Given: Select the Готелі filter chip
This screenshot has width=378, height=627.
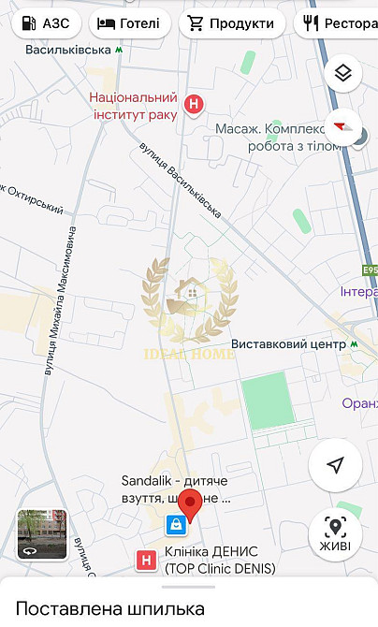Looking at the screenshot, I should click(x=130, y=23).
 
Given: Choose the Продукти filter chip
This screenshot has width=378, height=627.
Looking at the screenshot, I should click(x=232, y=23).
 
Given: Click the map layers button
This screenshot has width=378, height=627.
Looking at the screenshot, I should click(x=343, y=73).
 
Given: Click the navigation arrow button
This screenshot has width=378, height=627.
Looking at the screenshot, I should click(x=335, y=465).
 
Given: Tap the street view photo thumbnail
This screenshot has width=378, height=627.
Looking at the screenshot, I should click(x=42, y=534).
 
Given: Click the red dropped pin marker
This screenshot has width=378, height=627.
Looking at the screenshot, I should click(x=191, y=503).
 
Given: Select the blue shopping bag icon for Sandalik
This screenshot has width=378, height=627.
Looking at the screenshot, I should click(x=174, y=525).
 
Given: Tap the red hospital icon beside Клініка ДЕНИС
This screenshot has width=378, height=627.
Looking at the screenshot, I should click(x=146, y=561).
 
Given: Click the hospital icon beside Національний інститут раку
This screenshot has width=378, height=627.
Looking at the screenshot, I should click(x=194, y=105).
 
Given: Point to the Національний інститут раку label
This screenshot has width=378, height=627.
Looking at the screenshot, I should click(x=133, y=106).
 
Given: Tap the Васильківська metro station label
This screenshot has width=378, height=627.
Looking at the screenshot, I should click(x=68, y=49).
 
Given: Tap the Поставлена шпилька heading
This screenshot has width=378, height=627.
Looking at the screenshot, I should click(x=109, y=608).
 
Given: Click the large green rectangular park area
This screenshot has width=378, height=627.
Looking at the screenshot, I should click(x=269, y=400).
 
